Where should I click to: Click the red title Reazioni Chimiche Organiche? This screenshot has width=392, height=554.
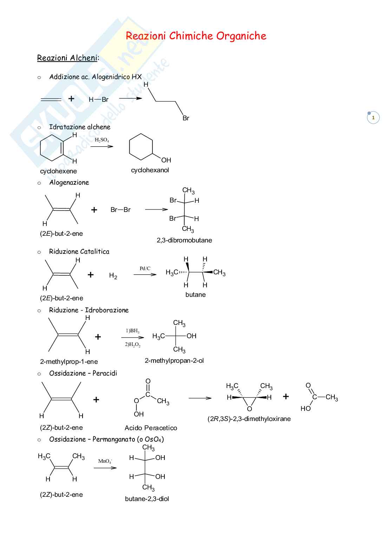(196, 36)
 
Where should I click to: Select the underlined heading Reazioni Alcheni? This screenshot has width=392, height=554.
(67, 58)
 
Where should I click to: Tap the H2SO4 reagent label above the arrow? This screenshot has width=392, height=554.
(102, 140)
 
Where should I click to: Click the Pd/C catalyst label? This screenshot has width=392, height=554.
(145, 268)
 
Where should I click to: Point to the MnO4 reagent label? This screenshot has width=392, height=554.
(105, 461)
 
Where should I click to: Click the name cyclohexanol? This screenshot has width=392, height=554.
(150, 170)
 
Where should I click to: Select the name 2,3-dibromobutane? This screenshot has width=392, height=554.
(184, 240)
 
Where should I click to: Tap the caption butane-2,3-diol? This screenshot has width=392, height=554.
(147, 499)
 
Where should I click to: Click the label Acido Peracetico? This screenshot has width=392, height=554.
(151, 428)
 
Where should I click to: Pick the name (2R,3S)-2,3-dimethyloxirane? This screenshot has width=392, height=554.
(249, 419)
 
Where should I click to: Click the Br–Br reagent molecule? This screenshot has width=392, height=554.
(120, 210)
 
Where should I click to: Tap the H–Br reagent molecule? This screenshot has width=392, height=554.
(98, 100)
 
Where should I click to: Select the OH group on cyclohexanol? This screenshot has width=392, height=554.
(166, 160)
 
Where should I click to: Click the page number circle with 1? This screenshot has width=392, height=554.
(373, 118)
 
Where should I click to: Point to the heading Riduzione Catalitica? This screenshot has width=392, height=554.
(79, 252)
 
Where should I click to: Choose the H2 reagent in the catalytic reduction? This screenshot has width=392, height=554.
(113, 276)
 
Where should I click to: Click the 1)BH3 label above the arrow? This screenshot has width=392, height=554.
(132, 331)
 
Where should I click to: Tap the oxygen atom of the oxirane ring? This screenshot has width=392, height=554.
(249, 409)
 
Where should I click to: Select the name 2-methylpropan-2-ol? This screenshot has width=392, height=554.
(174, 361)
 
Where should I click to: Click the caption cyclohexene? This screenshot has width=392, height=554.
(58, 171)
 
